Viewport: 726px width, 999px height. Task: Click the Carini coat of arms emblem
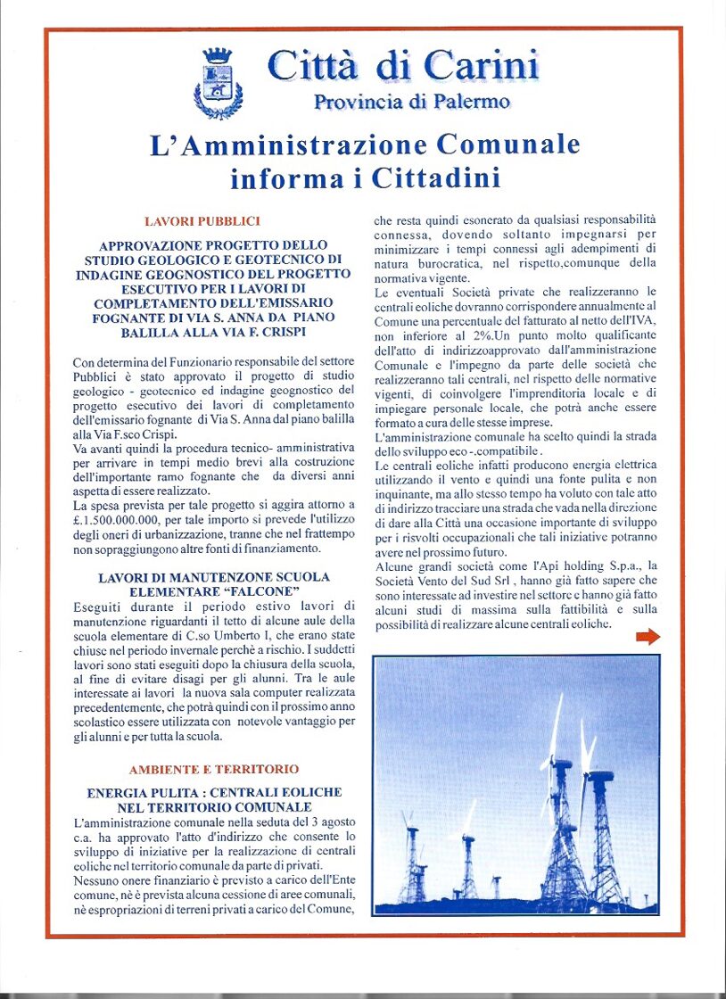pyautogui.click(x=218, y=84)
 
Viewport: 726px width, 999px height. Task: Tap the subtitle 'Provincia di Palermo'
pyautogui.click(x=411, y=102)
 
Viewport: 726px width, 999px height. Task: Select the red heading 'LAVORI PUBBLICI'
pyautogui.click(x=202, y=220)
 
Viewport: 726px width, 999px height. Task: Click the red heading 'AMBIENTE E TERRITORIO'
pyautogui.click(x=213, y=769)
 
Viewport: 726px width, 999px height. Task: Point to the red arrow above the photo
pyautogui.click(x=648, y=636)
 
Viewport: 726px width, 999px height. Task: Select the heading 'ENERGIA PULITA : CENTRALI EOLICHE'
pyautogui.click(x=214, y=792)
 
